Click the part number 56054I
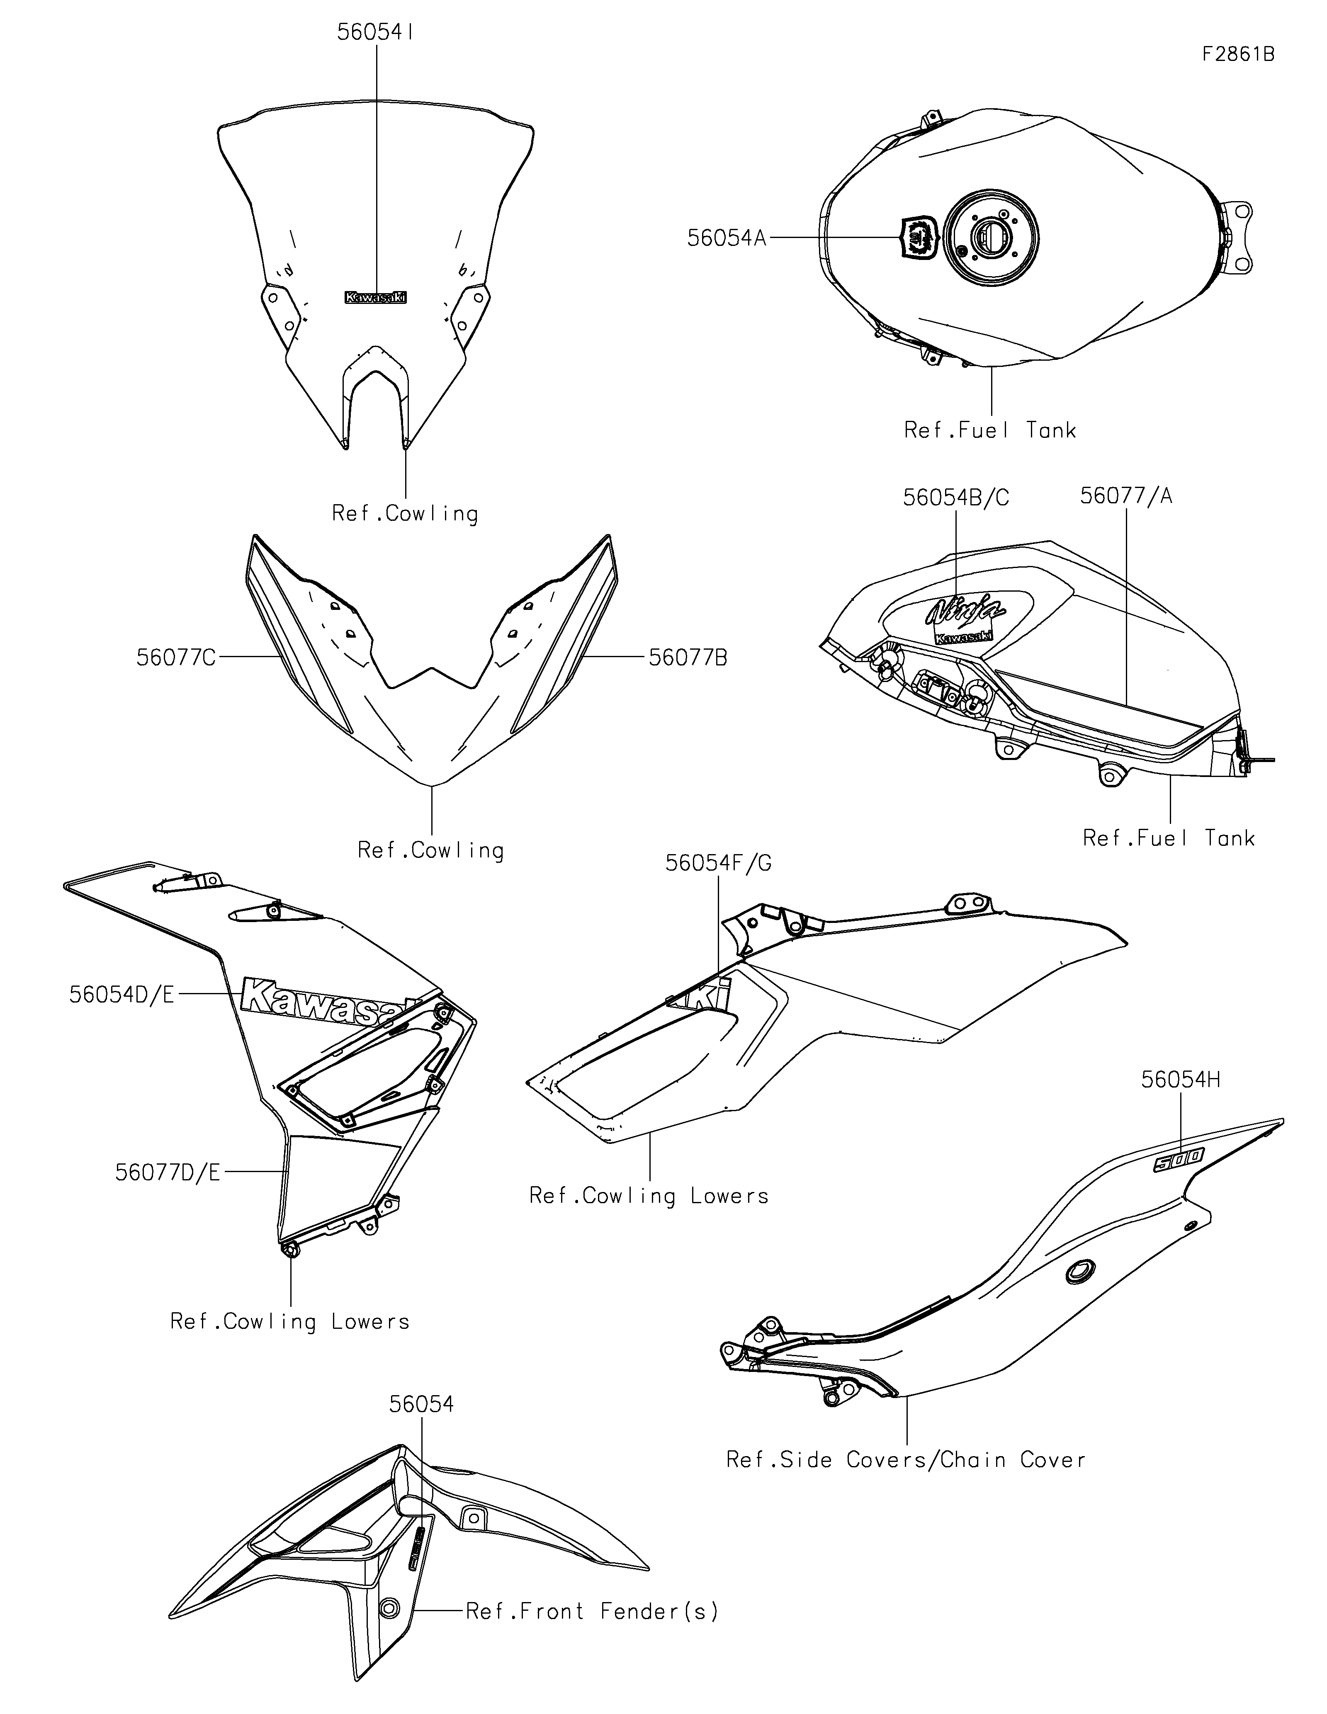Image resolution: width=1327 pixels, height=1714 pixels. click(x=376, y=32)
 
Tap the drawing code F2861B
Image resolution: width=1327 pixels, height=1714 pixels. click(x=1237, y=54)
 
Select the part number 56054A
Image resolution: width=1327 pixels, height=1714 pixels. click(x=726, y=238)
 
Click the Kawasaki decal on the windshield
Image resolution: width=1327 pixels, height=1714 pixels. click(x=376, y=297)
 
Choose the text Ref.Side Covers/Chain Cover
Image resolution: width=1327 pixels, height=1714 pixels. click(x=906, y=1460)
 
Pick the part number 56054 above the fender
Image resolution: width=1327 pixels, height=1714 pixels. click(x=421, y=1404)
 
